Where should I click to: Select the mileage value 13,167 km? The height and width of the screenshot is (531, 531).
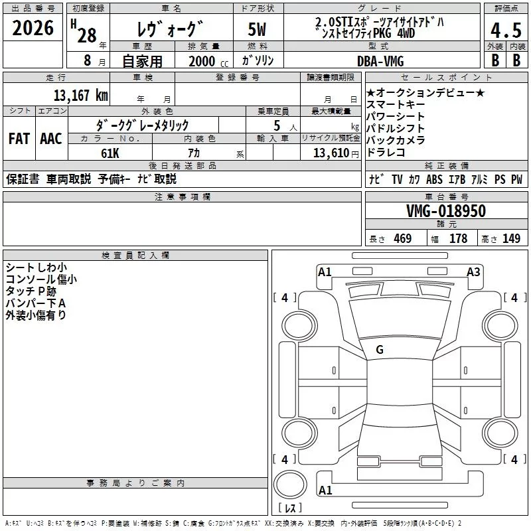80,95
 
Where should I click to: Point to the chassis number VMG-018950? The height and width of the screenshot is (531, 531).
446,212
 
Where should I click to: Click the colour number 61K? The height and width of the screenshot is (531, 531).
110,153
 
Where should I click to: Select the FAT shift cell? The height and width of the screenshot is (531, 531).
19,139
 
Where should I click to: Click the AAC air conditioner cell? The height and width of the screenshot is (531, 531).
50,139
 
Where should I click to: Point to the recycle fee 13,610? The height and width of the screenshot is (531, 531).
330,153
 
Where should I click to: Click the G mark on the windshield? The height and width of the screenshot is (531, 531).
380,350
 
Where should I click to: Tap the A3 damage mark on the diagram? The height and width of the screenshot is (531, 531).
473,271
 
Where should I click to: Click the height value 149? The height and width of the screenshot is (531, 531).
511,239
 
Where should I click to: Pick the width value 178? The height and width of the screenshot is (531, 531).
458,239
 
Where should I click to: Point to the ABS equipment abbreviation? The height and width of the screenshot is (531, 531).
435,180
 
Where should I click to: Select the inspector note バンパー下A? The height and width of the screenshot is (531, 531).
36,303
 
